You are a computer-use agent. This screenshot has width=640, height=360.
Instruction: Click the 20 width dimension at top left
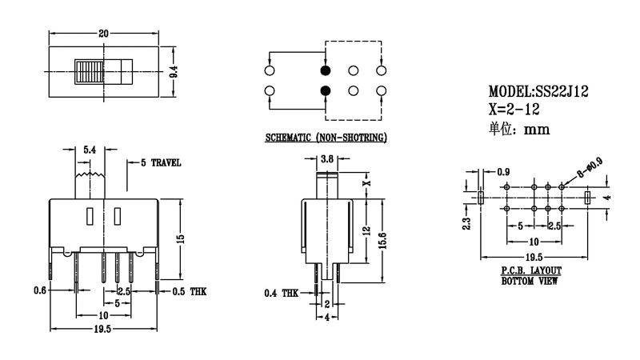(x=103, y=34)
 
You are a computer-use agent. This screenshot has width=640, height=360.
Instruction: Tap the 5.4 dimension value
(x=90, y=150)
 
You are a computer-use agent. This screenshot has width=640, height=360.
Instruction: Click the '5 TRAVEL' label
(x=160, y=162)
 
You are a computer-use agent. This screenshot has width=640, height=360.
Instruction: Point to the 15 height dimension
(x=182, y=238)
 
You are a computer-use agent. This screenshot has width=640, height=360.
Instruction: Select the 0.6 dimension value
(x=38, y=290)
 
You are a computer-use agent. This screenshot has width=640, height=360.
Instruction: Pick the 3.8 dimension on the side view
(x=326, y=160)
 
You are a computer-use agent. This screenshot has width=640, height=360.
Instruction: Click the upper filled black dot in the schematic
(x=325, y=71)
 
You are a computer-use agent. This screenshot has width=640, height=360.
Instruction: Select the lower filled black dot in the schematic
(x=325, y=90)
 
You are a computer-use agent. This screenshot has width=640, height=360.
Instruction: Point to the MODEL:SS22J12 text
(x=538, y=93)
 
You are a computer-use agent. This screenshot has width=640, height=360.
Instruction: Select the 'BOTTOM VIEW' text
(x=530, y=282)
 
